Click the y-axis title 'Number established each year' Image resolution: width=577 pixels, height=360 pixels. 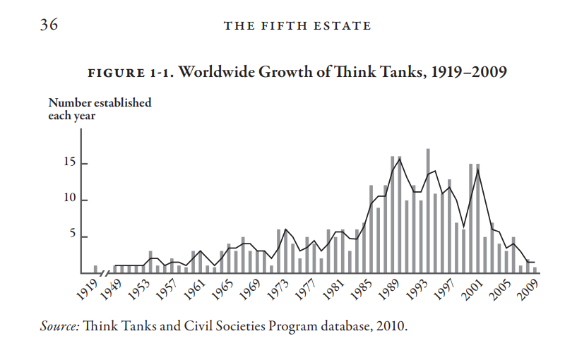click(100, 109)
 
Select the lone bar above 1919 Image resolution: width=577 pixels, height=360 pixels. click(95, 269)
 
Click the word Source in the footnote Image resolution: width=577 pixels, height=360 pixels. click(60, 327)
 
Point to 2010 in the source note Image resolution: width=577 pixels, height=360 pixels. click(391, 327)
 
